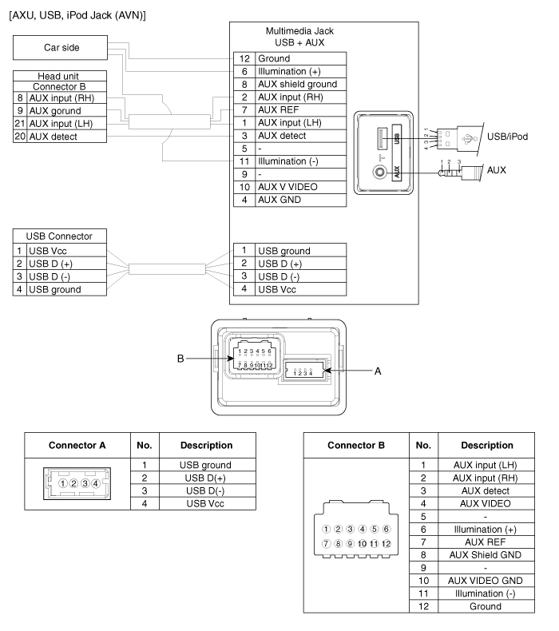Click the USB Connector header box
59,236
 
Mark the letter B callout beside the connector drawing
181,359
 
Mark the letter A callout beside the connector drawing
379,370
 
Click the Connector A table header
77,445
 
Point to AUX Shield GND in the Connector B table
475,554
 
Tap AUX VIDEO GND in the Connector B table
475,581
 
